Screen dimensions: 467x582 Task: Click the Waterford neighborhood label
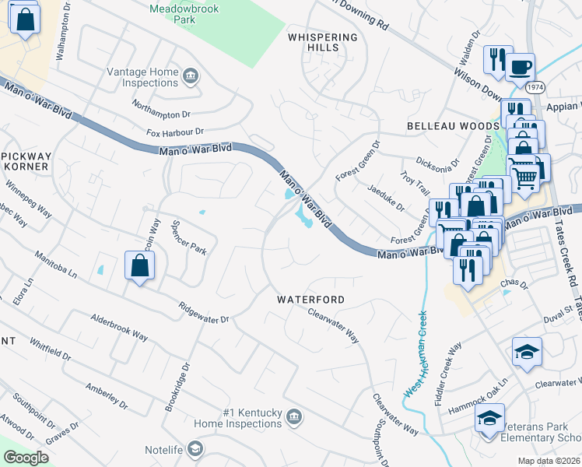[311, 299]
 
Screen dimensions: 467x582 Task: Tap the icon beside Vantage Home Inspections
[191, 76]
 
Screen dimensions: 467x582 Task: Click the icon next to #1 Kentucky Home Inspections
[293, 417]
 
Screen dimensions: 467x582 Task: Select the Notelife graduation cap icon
[195, 450]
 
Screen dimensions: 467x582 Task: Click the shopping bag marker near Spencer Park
[138, 266]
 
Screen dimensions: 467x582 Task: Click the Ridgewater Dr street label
[203, 313]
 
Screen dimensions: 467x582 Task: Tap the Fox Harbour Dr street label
[174, 133]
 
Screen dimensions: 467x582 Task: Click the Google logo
[26, 458]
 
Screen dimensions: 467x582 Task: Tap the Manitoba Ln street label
[56, 265]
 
